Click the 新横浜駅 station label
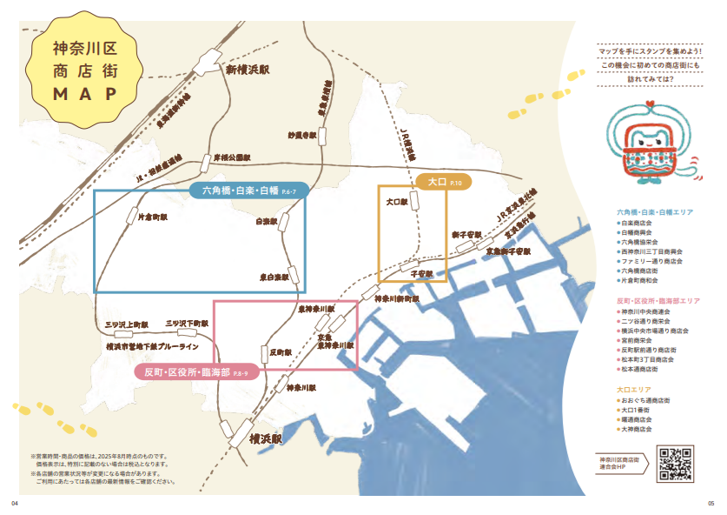point(250,70)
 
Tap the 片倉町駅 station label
point(153,217)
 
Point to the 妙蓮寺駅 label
point(302,135)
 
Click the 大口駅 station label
point(396,201)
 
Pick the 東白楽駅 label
point(274,278)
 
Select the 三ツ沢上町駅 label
point(128,324)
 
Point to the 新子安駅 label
point(466,235)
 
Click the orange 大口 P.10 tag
point(443,182)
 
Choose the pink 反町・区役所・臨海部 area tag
point(195,372)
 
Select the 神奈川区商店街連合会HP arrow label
point(624,463)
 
